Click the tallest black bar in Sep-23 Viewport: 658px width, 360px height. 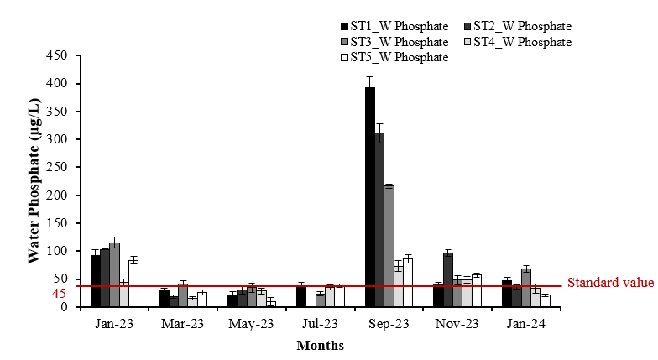click(369, 197)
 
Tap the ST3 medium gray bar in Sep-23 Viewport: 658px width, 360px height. click(389, 246)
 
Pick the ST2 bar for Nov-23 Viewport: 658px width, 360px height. click(447, 279)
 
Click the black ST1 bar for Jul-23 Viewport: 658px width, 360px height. click(300, 296)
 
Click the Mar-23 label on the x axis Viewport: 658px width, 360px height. click(182, 323)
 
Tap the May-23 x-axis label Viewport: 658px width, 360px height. click(251, 323)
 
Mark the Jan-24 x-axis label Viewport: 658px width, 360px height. click(525, 323)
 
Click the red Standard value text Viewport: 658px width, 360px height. click(610, 283)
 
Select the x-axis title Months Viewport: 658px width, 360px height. click(320, 345)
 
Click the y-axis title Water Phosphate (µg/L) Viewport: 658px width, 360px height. click(34, 180)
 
